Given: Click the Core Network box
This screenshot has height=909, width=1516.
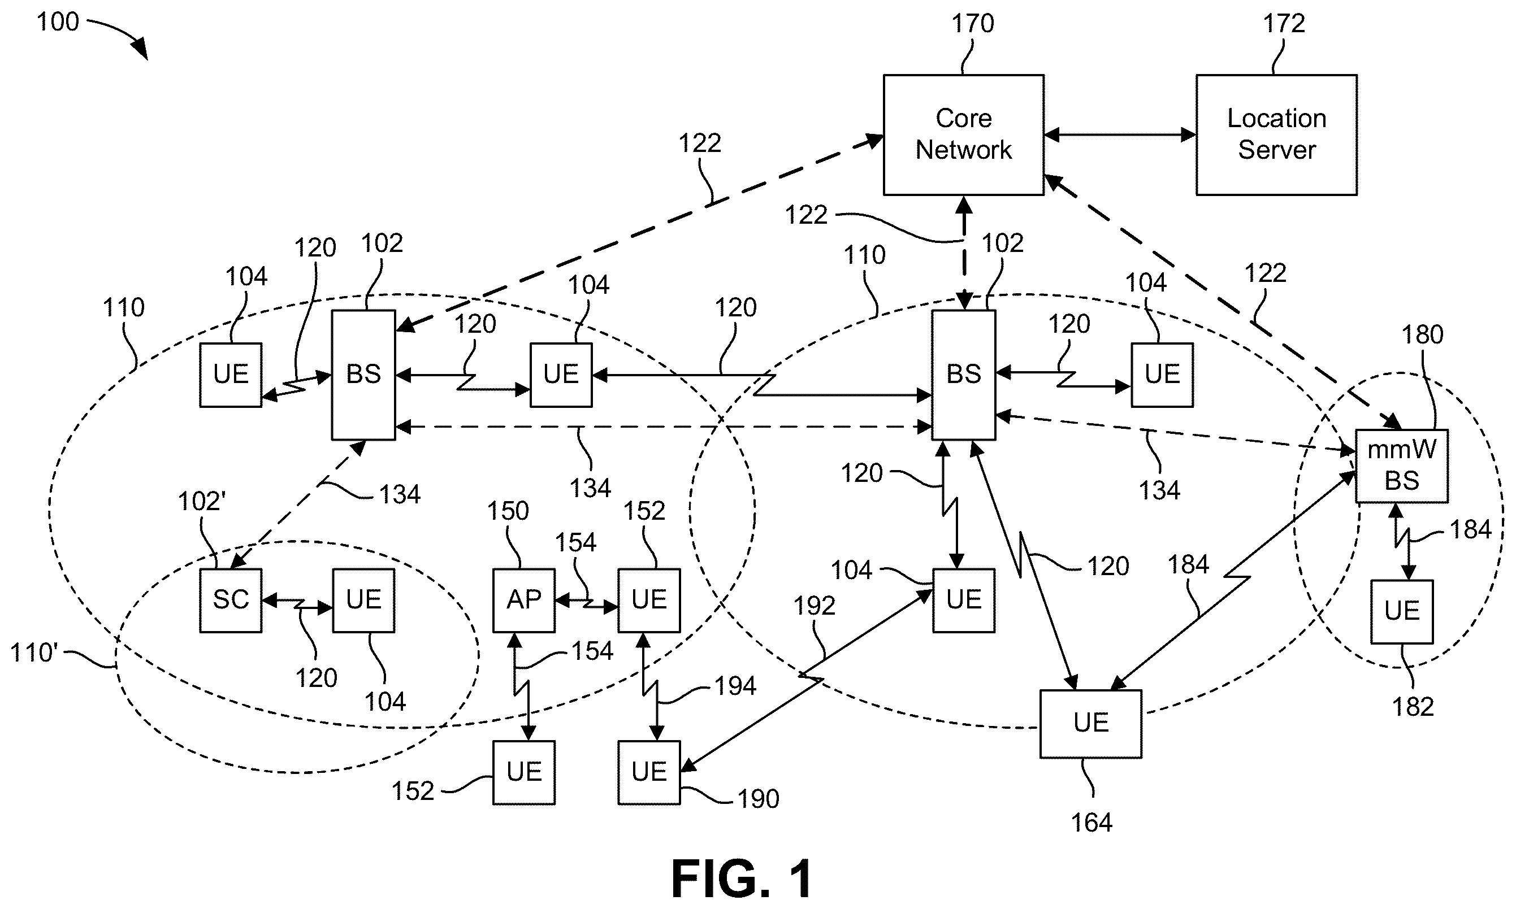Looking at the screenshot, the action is (963, 135).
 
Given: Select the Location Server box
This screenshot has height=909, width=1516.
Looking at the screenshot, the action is (1276, 135).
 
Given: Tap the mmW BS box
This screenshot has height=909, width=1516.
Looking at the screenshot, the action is (1402, 466).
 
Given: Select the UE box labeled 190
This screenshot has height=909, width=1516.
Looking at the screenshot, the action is (649, 772).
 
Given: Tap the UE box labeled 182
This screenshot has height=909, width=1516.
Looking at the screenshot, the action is (1402, 611).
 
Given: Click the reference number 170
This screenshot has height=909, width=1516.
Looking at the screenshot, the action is (972, 24).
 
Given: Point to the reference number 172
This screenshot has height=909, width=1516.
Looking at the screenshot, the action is (1284, 24).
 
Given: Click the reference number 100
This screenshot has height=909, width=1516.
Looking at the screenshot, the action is (58, 22).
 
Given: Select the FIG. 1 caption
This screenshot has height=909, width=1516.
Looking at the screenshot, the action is (742, 878).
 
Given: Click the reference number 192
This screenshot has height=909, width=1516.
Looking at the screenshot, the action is (815, 606).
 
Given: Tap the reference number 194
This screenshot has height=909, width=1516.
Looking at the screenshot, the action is (735, 686).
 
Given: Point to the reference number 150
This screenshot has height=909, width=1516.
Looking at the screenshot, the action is (508, 511).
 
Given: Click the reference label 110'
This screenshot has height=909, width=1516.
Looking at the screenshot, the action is (34, 653).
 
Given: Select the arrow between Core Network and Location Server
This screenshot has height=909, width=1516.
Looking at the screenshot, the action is (1120, 135).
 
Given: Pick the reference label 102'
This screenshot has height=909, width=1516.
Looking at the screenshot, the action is (202, 502).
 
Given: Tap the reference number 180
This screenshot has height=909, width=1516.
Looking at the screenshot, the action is (1423, 335).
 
